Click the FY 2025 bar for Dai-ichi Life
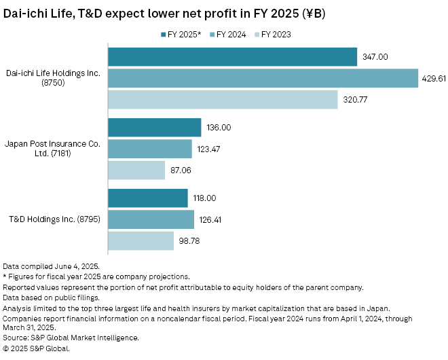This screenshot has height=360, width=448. point(232,57)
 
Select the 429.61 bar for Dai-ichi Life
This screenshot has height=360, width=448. point(263,78)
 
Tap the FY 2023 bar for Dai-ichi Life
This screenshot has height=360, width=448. point(223,99)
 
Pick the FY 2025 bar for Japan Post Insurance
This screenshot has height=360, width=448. point(155,127)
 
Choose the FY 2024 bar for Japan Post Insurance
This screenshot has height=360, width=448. point(150,149)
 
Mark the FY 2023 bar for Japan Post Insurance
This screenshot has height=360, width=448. point(136,170)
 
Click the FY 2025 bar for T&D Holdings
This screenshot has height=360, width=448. point(148,198)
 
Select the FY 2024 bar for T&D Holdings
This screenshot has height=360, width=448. point(151,219)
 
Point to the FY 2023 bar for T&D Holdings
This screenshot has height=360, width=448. point(141,240)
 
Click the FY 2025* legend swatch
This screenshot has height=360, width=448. point(164,34)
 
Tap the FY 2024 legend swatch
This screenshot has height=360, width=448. point(212,34)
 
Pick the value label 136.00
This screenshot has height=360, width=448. point(219,128)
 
